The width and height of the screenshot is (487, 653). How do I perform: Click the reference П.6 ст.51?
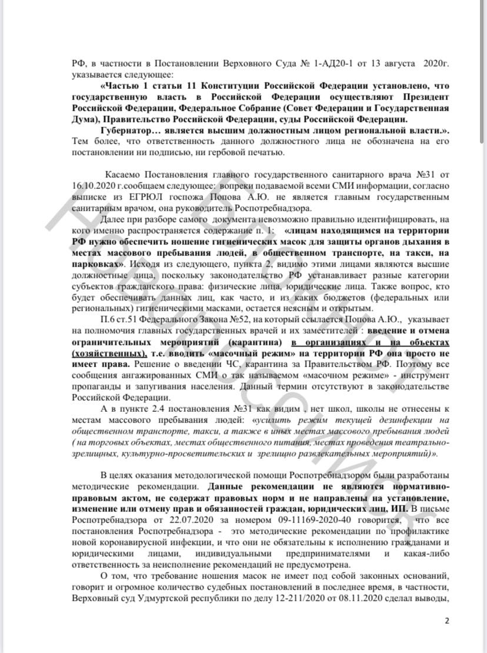[121, 319]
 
